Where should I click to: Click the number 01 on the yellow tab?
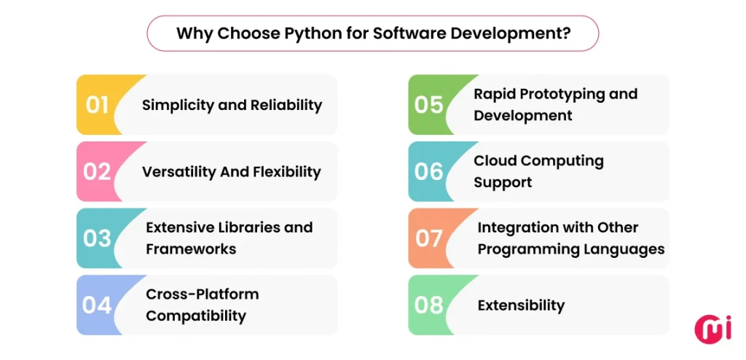[x=98, y=105]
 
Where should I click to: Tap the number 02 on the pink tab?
[x=98, y=172]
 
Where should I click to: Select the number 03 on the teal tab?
[x=98, y=238]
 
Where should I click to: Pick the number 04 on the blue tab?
[x=98, y=305]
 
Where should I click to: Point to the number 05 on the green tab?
[x=429, y=105]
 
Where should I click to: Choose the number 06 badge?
[x=429, y=172]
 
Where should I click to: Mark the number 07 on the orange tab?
[x=429, y=238]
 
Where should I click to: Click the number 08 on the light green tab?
[x=429, y=305]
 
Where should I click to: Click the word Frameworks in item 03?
[x=191, y=249]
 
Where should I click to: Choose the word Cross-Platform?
[x=203, y=294]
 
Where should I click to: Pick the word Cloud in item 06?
[x=493, y=161]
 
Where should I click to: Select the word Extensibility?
[x=521, y=305]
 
